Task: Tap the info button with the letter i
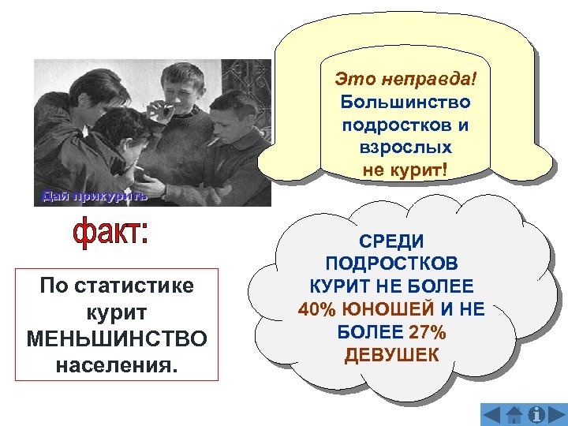(x=538, y=414)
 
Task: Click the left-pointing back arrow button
(x=491, y=414)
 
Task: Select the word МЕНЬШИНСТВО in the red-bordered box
(x=117, y=338)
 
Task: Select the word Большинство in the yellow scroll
(x=405, y=102)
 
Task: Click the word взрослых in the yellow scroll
(x=405, y=148)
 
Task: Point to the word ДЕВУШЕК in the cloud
(x=391, y=355)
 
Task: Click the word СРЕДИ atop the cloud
(x=391, y=241)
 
